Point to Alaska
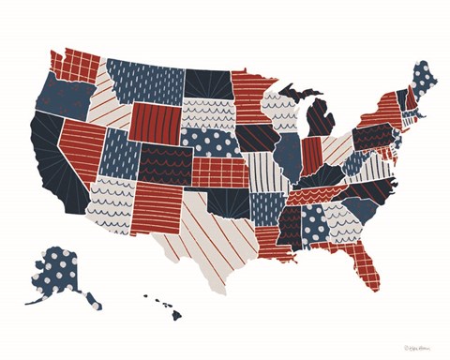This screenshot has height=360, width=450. coord(61,272)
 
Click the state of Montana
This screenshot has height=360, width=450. coord(145,80)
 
